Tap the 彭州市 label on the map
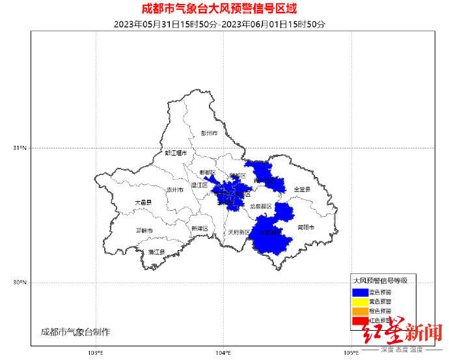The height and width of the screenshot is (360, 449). click(x=209, y=133)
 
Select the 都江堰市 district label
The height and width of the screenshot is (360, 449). click(x=176, y=154)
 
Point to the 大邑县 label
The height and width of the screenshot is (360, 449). click(x=143, y=203)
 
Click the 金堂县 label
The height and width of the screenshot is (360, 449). click(x=302, y=189)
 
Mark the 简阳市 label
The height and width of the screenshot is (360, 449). click(x=306, y=228)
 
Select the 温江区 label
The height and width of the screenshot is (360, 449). click(x=200, y=186)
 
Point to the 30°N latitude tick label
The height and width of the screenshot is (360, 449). click(x=20, y=283)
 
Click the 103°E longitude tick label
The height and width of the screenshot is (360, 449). click(x=96, y=353)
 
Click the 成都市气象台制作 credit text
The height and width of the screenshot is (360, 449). click(x=75, y=332)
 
